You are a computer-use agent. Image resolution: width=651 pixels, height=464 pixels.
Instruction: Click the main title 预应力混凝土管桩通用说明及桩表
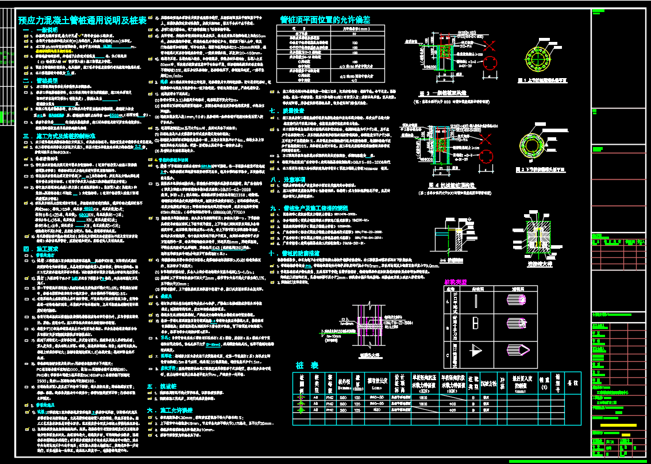82,20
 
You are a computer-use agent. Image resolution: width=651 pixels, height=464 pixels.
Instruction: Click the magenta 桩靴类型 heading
456,281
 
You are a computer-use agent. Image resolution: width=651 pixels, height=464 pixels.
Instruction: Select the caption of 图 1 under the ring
542,81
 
